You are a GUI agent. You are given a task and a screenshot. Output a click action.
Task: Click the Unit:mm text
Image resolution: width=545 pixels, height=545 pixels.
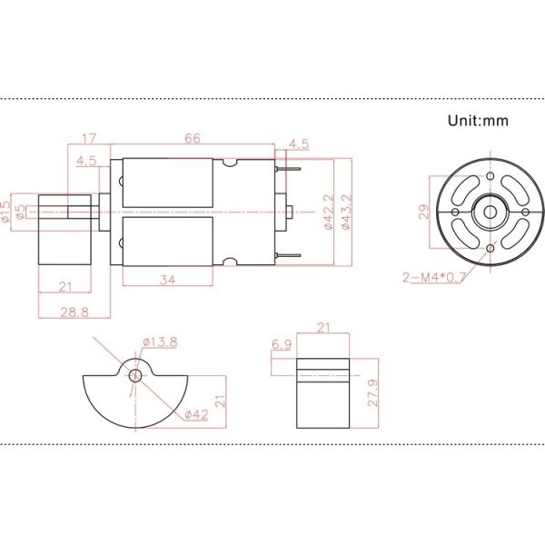(x=478, y=119)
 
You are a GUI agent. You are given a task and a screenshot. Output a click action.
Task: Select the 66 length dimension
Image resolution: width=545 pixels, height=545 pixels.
(x=193, y=138)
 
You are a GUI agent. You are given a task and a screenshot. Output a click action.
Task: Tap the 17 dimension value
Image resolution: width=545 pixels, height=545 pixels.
(x=89, y=138)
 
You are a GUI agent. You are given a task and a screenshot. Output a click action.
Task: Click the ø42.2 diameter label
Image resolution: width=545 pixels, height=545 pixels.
(x=327, y=213)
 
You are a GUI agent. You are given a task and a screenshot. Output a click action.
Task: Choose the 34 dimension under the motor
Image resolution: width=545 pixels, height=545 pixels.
(x=167, y=280)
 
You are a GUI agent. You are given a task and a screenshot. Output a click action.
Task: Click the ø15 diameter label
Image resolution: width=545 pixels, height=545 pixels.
(x=7, y=211)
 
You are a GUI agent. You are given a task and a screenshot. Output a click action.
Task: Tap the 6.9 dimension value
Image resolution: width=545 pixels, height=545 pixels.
(x=281, y=345)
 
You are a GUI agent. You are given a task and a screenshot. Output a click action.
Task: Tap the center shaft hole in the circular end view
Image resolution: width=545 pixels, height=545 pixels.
(x=490, y=213)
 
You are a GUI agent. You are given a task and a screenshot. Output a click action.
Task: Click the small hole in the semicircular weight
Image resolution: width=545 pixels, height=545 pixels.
(x=135, y=375)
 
